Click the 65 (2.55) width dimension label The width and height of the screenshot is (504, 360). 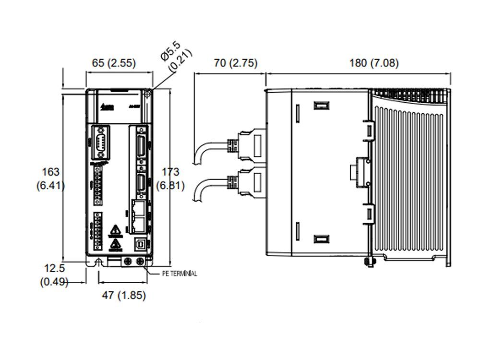(x=114, y=63)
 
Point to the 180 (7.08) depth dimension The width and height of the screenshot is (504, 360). (x=367, y=63)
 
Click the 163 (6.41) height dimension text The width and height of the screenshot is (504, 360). (x=50, y=178)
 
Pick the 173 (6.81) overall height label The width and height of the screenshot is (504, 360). (x=170, y=178)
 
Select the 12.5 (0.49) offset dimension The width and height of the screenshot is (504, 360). (x=54, y=275)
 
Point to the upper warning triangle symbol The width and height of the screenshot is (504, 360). (x=114, y=231)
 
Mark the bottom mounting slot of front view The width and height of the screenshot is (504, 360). (x=98, y=263)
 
